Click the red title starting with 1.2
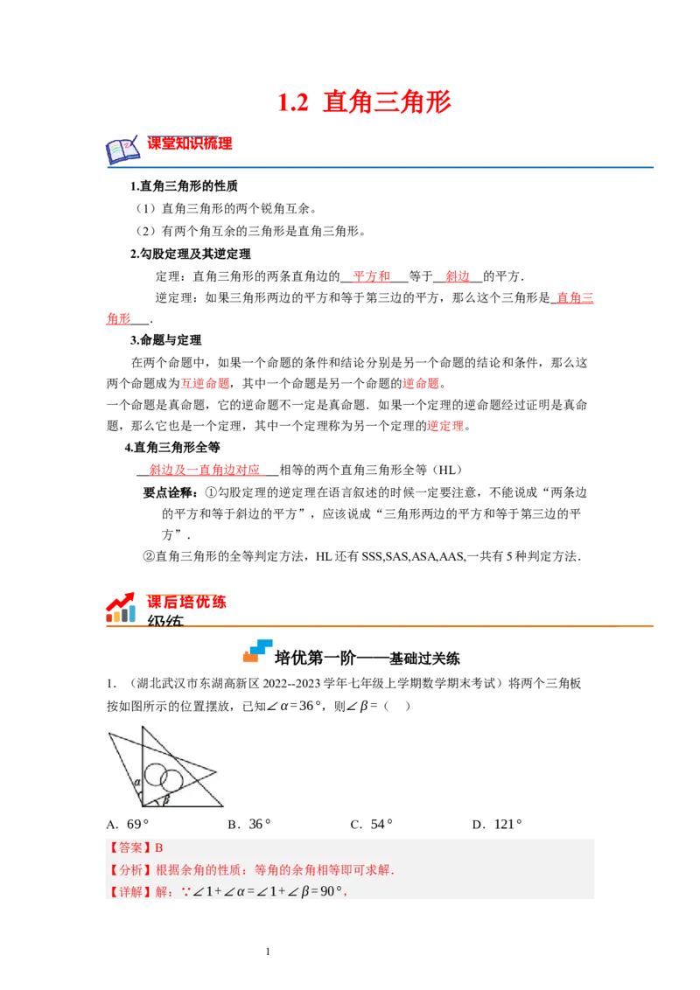pos(364,102)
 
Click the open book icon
pos(122,151)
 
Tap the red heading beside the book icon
pos(190,143)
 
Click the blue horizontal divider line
pos(381,166)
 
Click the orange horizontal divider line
pos(381,626)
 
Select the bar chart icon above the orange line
pos(122,607)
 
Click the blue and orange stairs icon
pos(258,650)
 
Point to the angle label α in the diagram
pos(137,783)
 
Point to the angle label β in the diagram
pos(165,799)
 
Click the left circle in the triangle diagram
pos(156,774)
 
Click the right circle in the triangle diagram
pos(171,780)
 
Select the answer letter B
pos(159,847)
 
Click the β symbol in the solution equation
pos(304,892)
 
